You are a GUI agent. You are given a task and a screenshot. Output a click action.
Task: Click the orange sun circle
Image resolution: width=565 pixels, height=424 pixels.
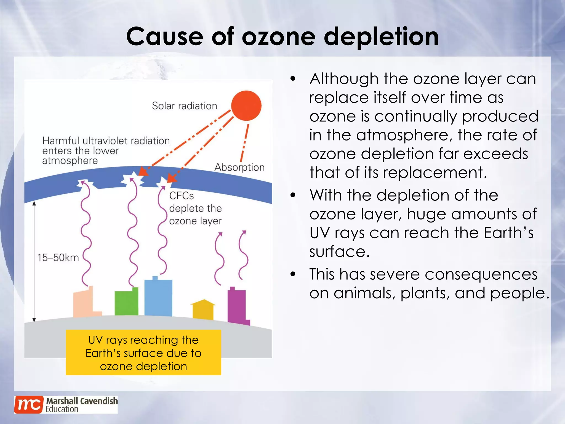coord(246,105)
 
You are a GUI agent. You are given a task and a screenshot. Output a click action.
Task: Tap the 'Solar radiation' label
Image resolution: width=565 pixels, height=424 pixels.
coord(185,106)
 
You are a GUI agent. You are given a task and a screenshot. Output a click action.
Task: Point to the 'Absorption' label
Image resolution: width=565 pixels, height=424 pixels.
coord(239,167)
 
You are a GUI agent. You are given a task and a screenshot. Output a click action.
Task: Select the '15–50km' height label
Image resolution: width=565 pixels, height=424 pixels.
coord(58,258)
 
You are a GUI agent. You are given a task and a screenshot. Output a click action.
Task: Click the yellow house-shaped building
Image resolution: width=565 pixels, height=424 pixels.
coord(203,310)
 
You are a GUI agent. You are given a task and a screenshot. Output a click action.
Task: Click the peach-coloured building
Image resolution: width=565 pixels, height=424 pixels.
coord(83,304)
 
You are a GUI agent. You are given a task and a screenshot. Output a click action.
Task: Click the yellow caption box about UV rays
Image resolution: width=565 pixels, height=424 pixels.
coord(143,353)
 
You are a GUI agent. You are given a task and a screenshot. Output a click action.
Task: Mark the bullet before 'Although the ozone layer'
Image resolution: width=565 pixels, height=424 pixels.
coord(293,79)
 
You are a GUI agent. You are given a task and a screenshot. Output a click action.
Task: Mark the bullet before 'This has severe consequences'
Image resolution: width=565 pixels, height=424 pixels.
coord(293,274)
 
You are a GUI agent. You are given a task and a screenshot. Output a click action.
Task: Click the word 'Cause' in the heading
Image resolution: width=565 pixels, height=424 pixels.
coord(165,37)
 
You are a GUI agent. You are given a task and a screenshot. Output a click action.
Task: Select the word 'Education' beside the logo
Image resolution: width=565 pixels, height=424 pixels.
coord(62,409)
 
